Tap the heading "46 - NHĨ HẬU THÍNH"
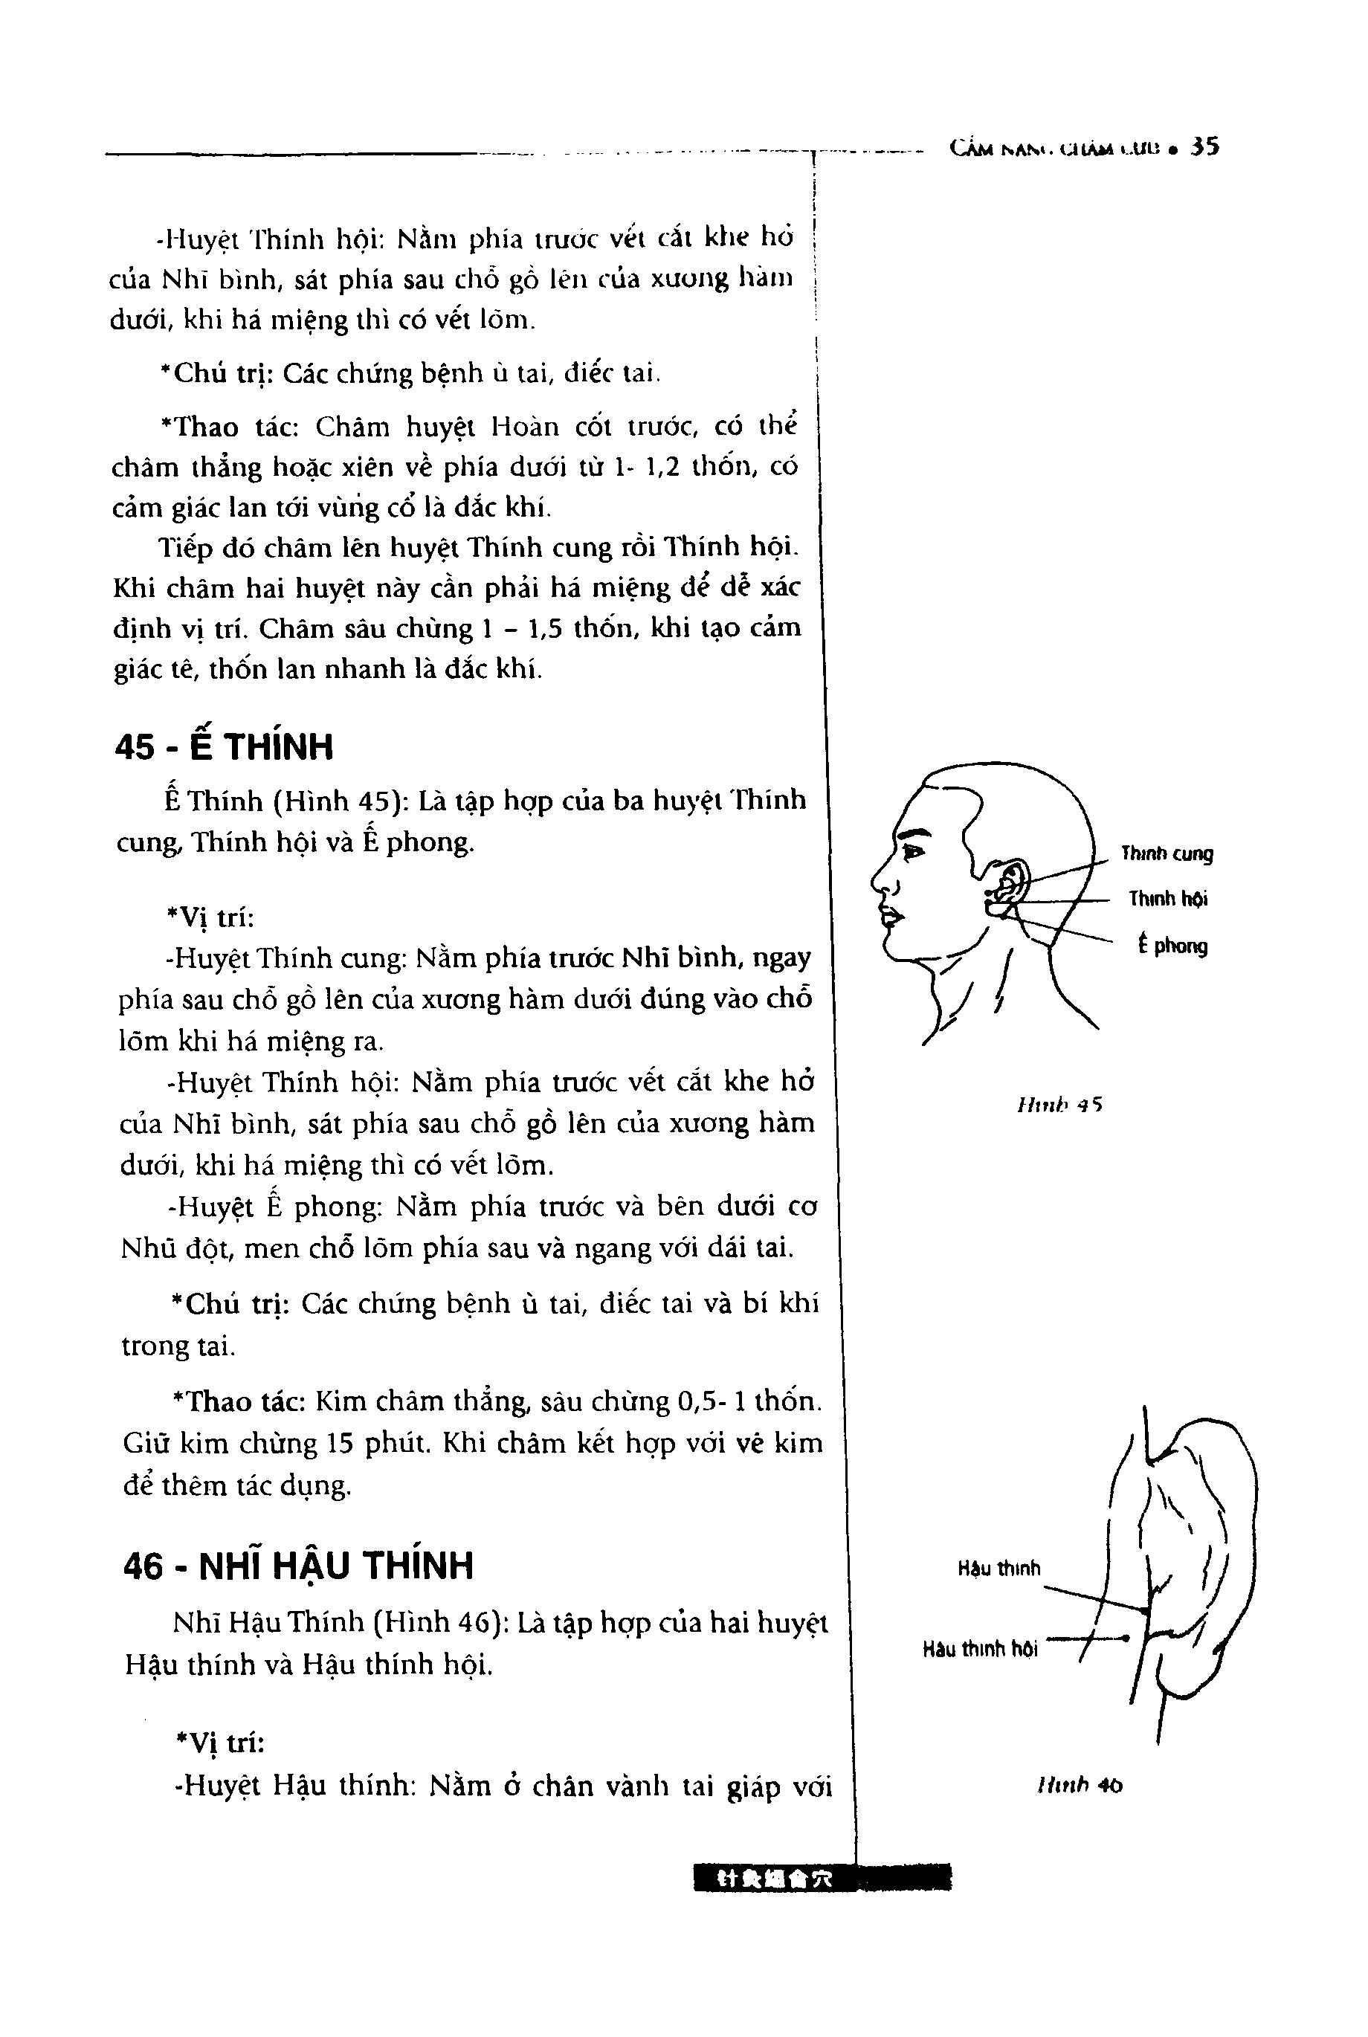click(x=298, y=1565)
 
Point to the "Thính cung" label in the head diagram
click(x=1167, y=854)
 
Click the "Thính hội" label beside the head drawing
click(x=1168, y=900)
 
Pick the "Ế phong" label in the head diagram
click(x=1172, y=946)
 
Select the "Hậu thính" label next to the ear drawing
click(x=999, y=1569)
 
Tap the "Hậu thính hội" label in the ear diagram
click(x=981, y=1649)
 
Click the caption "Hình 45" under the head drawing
click(x=1059, y=1105)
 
